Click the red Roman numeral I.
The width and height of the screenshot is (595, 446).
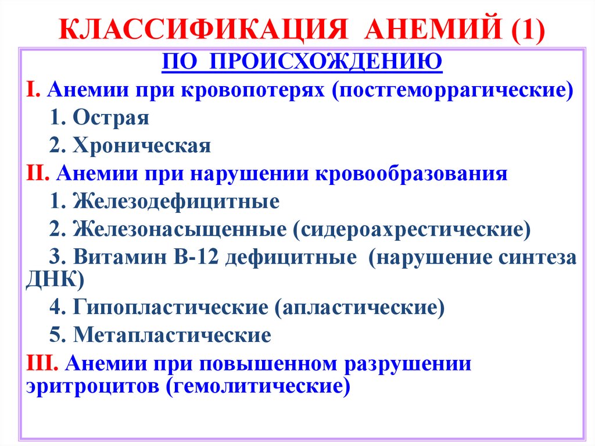click(x=33, y=91)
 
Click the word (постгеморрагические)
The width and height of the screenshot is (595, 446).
click(x=453, y=91)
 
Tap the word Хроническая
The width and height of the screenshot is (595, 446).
click(x=142, y=146)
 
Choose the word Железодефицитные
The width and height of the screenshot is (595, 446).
click(x=177, y=201)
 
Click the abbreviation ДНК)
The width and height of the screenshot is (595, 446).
click(x=56, y=280)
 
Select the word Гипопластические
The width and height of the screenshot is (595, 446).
click(x=171, y=308)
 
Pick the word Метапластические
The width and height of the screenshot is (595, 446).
click(x=172, y=336)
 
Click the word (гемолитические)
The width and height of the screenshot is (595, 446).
click(x=259, y=387)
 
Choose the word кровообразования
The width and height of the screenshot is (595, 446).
click(x=412, y=174)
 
